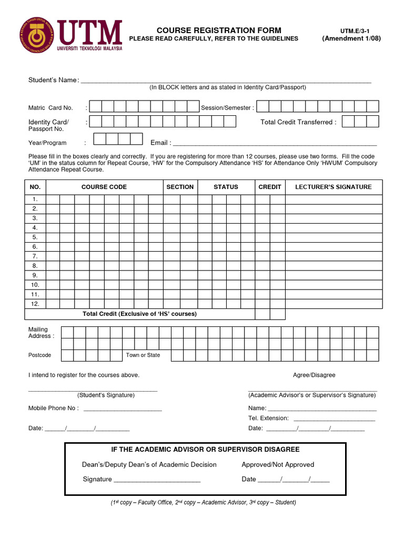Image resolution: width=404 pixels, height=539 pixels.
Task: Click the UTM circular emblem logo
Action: coord(37,35)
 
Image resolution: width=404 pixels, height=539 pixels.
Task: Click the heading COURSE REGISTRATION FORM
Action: coord(219,31)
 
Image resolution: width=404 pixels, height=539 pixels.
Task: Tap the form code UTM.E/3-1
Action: coord(351,31)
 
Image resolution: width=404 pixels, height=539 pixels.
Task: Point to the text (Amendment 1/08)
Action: coord(351,39)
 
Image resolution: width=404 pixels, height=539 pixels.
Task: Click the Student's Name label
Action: coord(53,80)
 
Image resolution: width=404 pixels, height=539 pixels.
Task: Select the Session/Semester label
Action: coord(227,108)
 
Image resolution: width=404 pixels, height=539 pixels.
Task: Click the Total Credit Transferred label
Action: coord(298,122)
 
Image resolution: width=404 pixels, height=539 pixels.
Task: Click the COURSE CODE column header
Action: coord(104,187)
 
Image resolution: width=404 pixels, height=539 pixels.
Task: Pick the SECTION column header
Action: coord(180,187)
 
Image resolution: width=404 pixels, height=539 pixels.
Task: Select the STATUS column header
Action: coord(226,187)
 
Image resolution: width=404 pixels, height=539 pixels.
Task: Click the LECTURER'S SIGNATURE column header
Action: coord(334,187)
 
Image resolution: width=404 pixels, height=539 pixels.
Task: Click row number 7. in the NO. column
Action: coord(35,256)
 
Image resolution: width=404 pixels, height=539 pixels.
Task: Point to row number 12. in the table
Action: coord(35,304)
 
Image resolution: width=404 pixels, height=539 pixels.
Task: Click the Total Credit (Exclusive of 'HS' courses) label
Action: coord(139,314)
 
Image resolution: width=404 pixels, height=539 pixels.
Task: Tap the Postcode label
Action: coord(40,355)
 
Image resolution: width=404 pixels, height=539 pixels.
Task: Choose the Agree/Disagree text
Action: coord(314,375)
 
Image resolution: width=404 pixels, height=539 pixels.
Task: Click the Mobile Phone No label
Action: coord(53,408)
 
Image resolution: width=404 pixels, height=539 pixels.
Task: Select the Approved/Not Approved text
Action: coord(278,465)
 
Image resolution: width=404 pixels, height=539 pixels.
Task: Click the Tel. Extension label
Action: coord(268,418)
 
